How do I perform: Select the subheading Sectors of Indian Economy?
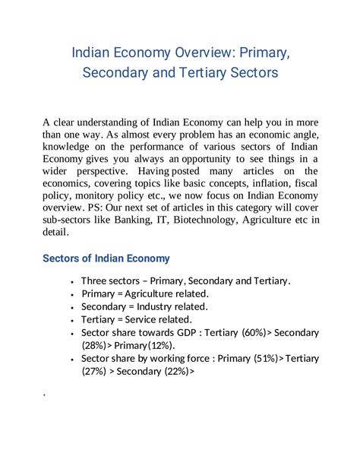pyautogui.click(x=106, y=258)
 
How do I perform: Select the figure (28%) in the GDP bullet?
pyautogui.click(x=96, y=344)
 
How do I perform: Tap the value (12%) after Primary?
pyautogui.click(x=161, y=344)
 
